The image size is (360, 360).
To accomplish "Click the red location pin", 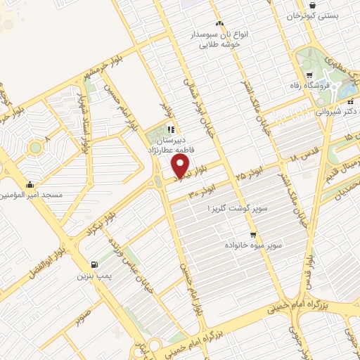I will [x=181, y=166].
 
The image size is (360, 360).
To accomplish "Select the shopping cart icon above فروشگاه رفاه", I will [x=310, y=75].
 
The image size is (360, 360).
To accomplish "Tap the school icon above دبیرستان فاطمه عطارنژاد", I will [x=171, y=129].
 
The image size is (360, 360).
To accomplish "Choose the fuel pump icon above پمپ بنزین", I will [x=94, y=264].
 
